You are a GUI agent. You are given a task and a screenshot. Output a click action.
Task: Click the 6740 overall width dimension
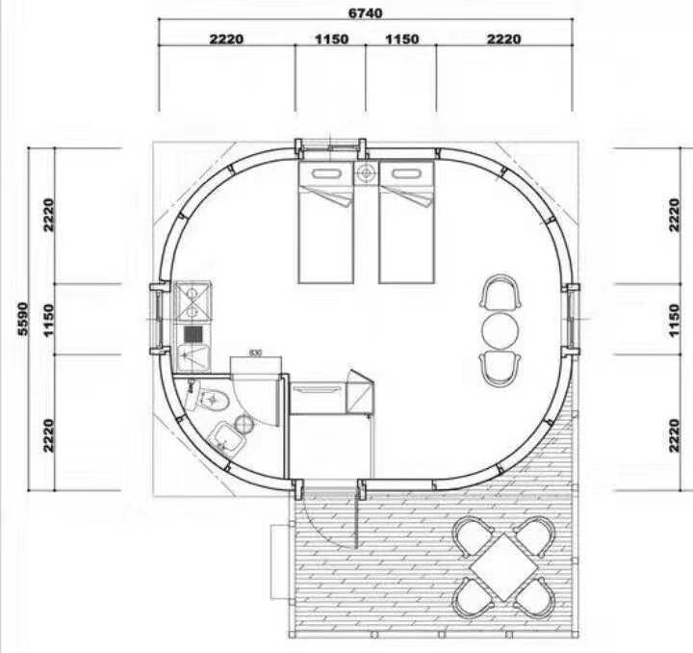tap(366, 13)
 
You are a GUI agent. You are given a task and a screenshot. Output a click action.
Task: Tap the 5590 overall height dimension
tap(23, 319)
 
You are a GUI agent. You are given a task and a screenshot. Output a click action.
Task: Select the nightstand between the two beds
tap(366, 172)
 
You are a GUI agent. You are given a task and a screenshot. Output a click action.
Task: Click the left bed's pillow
tap(326, 173)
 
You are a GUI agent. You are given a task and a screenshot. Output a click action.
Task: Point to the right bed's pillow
tap(406, 173)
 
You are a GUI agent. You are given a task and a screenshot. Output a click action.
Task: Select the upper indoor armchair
tap(500, 293)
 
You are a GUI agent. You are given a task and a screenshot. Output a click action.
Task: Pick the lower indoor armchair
tap(500, 369)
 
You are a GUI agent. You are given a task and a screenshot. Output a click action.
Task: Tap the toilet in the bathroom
tap(209, 398)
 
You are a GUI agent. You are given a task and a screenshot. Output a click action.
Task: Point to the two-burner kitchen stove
tap(192, 301)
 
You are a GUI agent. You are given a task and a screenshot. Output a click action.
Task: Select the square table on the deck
tap(503, 567)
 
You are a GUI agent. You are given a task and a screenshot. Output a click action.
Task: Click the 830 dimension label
tap(255, 353)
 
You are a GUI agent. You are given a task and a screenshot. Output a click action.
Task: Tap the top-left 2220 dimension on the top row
tap(226, 39)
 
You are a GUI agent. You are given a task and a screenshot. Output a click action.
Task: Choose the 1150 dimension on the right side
tap(674, 320)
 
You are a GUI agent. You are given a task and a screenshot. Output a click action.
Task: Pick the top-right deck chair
tap(536, 535)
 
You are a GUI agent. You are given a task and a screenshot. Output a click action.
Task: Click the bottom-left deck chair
tap(473, 598)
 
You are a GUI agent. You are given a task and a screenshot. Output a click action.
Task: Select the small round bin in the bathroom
tap(244, 424)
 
